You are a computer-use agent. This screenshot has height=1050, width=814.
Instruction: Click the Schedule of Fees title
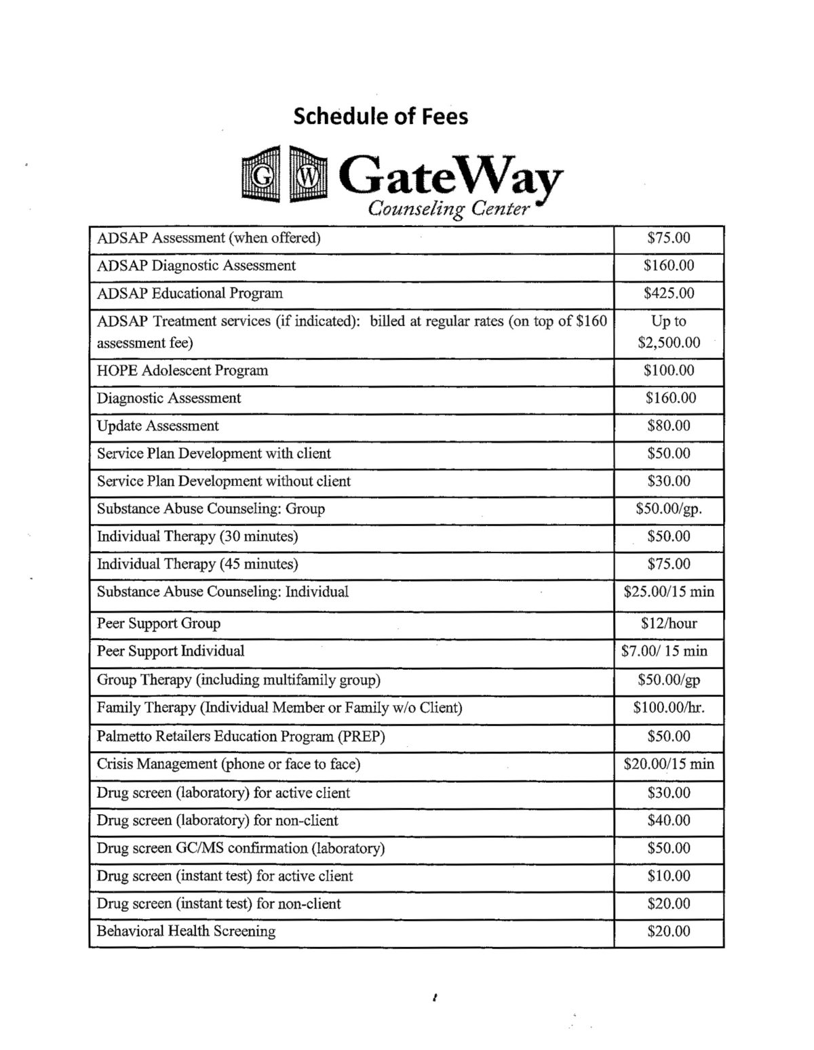pos(381,117)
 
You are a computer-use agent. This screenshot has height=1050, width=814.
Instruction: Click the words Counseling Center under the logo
pos(448,209)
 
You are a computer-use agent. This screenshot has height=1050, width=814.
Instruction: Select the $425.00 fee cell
pos(669,294)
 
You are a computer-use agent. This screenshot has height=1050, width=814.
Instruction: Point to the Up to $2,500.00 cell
pos(669,331)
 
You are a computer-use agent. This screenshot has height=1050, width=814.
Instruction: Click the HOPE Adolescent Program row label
pos(182,371)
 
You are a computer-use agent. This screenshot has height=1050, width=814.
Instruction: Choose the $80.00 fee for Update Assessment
pos(669,426)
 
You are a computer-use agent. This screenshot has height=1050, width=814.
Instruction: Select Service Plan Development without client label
pos(224,481)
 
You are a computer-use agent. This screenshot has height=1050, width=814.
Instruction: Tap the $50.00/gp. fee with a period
pos(669,509)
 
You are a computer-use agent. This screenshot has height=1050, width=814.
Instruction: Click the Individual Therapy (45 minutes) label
pos(197,564)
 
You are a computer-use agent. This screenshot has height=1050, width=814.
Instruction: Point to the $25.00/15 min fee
pos(669,592)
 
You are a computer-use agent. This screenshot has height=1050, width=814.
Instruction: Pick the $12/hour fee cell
pos(669,624)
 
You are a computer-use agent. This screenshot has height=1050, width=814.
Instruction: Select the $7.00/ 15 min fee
pos(665,651)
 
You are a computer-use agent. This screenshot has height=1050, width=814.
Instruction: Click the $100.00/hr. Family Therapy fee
pos(669,708)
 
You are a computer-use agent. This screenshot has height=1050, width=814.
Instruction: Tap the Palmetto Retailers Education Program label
pos(241,736)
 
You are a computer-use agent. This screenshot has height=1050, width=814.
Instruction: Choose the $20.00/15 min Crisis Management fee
pos(669,764)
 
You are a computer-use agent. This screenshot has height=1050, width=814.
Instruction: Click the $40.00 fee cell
pos(669,821)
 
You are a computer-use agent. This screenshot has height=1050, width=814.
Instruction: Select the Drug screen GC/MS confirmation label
pos(241,849)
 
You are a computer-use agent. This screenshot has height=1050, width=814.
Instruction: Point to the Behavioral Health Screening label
pos(186,931)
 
